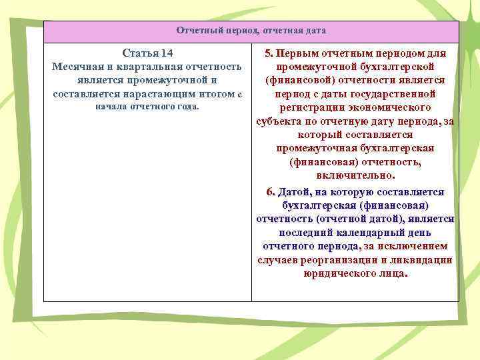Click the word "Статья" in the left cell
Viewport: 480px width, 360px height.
pyautogui.click(x=139, y=53)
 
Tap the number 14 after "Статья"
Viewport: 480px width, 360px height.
pyautogui.click(x=167, y=53)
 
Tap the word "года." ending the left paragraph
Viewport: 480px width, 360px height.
pyautogui.click(x=187, y=107)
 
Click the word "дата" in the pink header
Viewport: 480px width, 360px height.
pyautogui.click(x=315, y=31)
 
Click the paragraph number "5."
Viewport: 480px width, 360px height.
pyautogui.click(x=269, y=53)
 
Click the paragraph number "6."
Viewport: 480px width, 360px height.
pyautogui.click(x=270, y=192)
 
